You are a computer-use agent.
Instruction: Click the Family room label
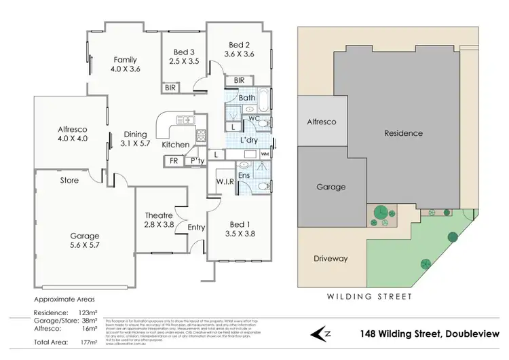pos(125,59)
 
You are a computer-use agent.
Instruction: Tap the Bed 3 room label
pos(184,52)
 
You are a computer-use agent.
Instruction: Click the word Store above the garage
pos(70,181)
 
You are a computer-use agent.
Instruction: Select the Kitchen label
pos(175,145)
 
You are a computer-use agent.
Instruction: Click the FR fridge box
pos(174,161)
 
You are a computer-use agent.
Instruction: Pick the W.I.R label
pos(225,181)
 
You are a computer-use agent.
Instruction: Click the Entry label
pos(197,227)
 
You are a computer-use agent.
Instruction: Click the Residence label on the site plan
pos(403,133)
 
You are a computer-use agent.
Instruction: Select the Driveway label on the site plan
pos(331,259)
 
